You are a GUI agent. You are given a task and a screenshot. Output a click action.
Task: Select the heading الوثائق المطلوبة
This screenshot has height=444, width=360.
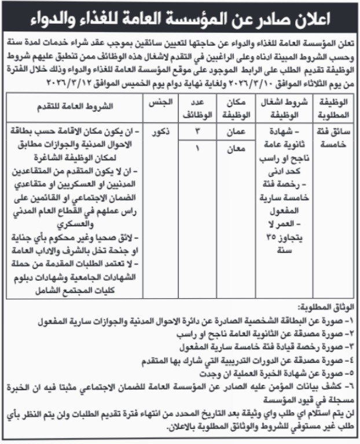coord(325,305)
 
